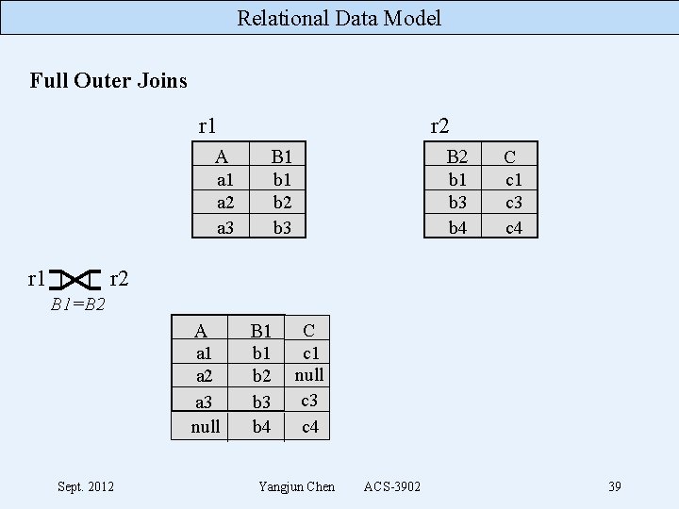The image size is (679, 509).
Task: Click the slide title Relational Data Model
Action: click(x=339, y=17)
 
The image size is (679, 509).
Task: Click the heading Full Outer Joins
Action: click(x=108, y=80)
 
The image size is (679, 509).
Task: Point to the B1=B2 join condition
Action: click(x=77, y=304)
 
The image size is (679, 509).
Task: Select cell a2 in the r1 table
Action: click(x=224, y=203)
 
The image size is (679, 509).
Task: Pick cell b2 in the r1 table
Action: click(x=281, y=203)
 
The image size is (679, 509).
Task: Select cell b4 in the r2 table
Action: click(x=457, y=226)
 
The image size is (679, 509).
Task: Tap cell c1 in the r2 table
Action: click(x=514, y=180)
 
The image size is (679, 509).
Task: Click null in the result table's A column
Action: click(x=206, y=427)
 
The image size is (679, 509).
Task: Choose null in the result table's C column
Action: click(x=309, y=375)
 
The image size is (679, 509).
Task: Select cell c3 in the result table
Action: click(x=309, y=401)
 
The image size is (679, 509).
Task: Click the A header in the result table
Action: click(x=201, y=331)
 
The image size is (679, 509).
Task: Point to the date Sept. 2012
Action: click(x=86, y=486)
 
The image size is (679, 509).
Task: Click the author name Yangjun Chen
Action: click(x=296, y=486)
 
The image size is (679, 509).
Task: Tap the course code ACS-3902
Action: click(x=392, y=486)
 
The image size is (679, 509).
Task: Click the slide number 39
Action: click(x=614, y=486)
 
